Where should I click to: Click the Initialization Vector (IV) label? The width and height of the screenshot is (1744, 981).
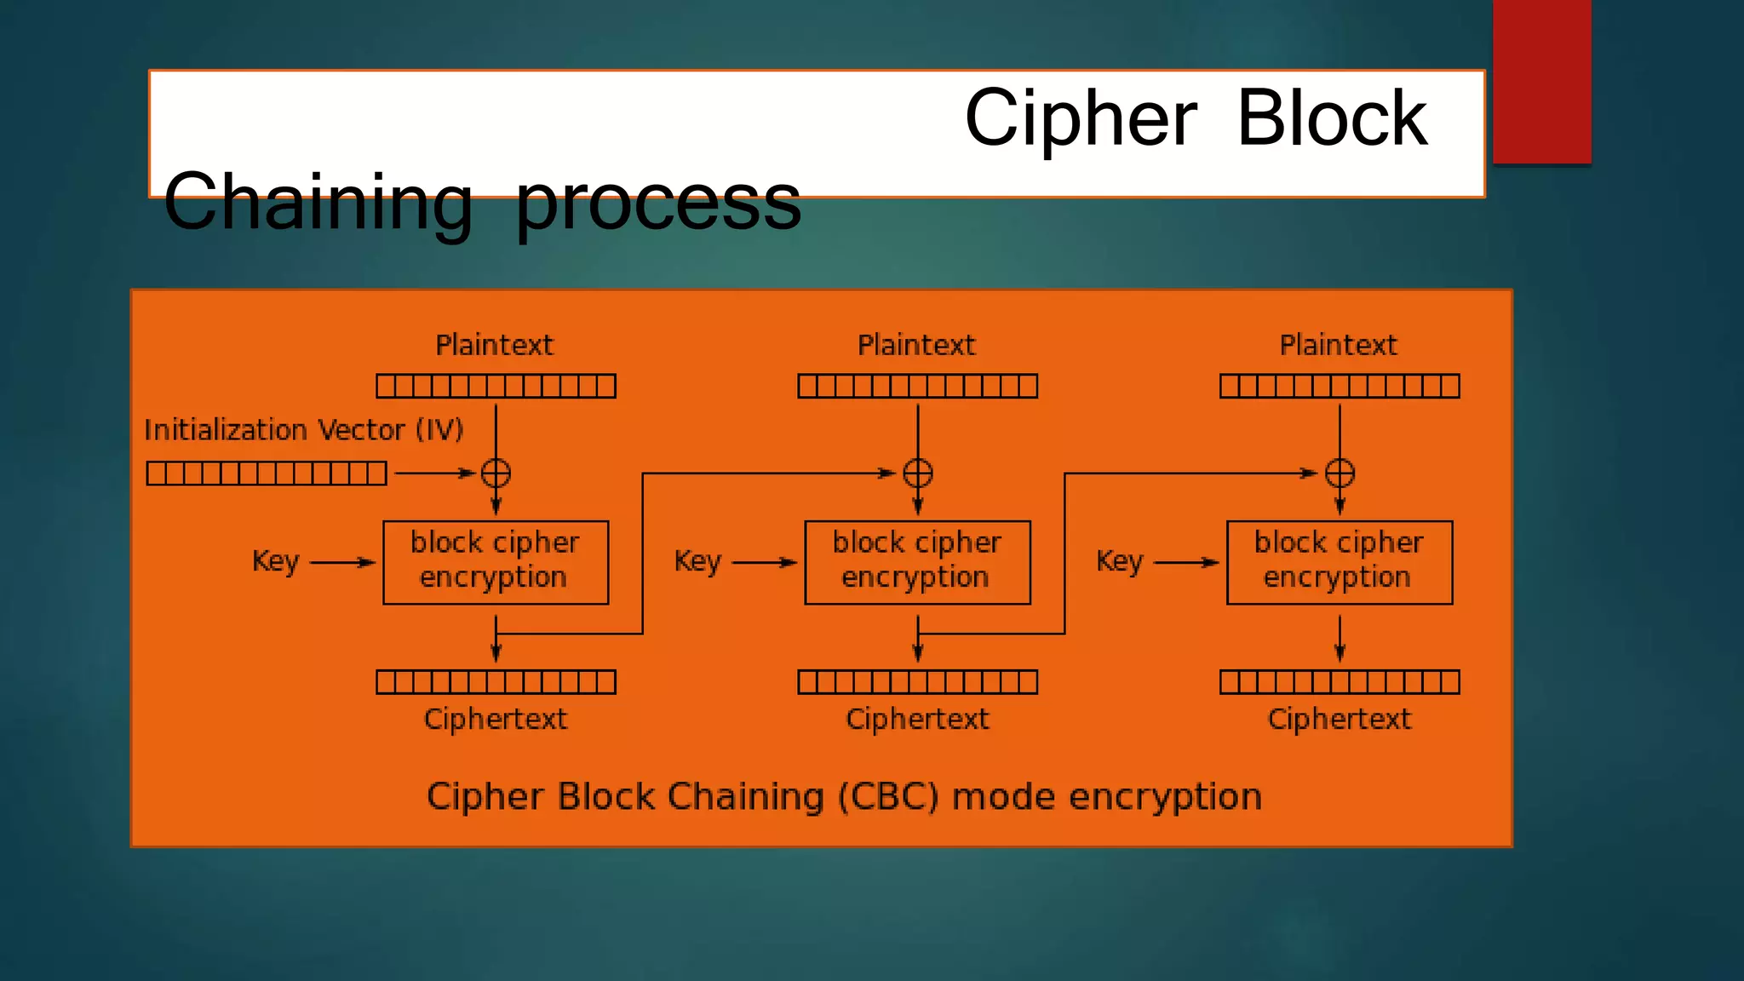tap(303, 430)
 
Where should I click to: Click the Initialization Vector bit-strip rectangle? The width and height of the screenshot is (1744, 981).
tap(267, 473)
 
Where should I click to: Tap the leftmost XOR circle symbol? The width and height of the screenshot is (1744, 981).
tap(496, 473)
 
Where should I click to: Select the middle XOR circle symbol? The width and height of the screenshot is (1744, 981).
tap(917, 473)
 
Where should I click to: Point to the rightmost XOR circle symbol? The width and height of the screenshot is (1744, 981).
tap(1340, 473)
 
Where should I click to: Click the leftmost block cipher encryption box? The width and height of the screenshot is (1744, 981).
tap(496, 562)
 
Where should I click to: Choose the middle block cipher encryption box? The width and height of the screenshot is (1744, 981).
tap(917, 562)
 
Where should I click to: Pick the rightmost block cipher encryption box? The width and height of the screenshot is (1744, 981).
tap(1340, 562)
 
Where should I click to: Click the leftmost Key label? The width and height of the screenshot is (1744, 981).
tap(276, 561)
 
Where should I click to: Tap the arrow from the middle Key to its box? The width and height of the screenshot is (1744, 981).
tap(764, 562)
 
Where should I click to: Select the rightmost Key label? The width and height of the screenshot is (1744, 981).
tap(1119, 561)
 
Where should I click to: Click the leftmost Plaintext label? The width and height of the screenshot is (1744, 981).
tap(494, 345)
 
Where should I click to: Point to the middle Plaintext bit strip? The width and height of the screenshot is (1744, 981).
tap(917, 386)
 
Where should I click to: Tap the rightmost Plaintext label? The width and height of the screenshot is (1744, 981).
tap(1338, 345)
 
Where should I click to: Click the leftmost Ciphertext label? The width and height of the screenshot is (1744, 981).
tap(495, 719)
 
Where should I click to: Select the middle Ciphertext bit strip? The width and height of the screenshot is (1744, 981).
tap(917, 682)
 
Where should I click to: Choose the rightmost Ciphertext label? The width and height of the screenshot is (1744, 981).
tap(1339, 719)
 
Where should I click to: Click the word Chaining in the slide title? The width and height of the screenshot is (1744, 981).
tap(318, 202)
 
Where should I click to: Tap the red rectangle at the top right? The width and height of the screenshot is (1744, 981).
tap(1541, 81)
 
